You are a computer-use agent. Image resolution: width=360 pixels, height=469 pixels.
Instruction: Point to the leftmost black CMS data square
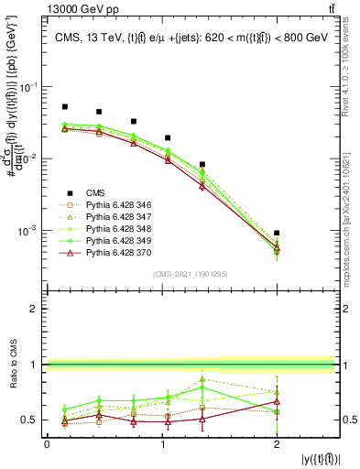pyautogui.click(x=64, y=107)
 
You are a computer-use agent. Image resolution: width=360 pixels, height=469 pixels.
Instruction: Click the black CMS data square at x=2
pyautogui.click(x=277, y=234)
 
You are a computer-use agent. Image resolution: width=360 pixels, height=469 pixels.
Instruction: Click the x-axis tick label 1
pyautogui.click(x=161, y=443)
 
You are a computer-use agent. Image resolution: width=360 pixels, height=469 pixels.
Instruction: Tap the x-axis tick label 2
pyautogui.click(x=277, y=443)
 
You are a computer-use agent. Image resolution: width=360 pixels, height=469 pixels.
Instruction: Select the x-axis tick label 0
pyautogui.click(x=47, y=443)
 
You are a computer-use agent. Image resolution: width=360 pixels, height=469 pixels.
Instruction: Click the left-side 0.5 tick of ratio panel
pyautogui.click(x=33, y=420)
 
